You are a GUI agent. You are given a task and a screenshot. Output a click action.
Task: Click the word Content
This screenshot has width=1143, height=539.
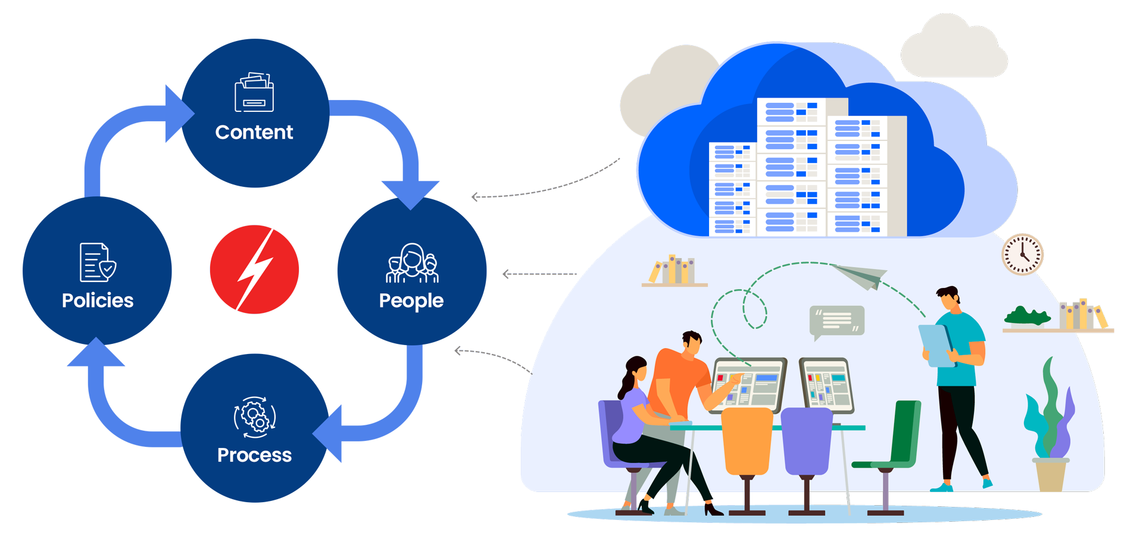point(254,132)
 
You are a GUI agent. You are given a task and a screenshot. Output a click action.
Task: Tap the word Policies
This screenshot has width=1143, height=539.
point(98,300)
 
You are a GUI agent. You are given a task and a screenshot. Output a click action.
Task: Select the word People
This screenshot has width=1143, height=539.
point(411,300)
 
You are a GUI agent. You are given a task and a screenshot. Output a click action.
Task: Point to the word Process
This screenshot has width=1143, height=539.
point(254,455)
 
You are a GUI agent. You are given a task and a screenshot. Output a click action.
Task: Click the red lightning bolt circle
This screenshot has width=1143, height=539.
point(254,269)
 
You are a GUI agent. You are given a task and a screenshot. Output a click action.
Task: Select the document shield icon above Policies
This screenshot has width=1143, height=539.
point(97,262)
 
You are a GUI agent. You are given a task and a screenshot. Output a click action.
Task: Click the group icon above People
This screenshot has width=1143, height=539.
point(412,263)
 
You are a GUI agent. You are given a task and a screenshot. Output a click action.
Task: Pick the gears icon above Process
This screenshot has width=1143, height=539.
point(255,416)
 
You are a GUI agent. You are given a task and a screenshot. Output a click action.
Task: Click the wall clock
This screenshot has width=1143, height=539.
point(1022,255)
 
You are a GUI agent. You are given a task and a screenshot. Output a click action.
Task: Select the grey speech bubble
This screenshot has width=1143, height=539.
point(836,321)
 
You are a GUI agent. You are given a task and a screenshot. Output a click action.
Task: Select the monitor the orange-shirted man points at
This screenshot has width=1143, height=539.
point(749,384)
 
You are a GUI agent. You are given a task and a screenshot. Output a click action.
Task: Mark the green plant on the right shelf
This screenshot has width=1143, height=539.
point(1027,316)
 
